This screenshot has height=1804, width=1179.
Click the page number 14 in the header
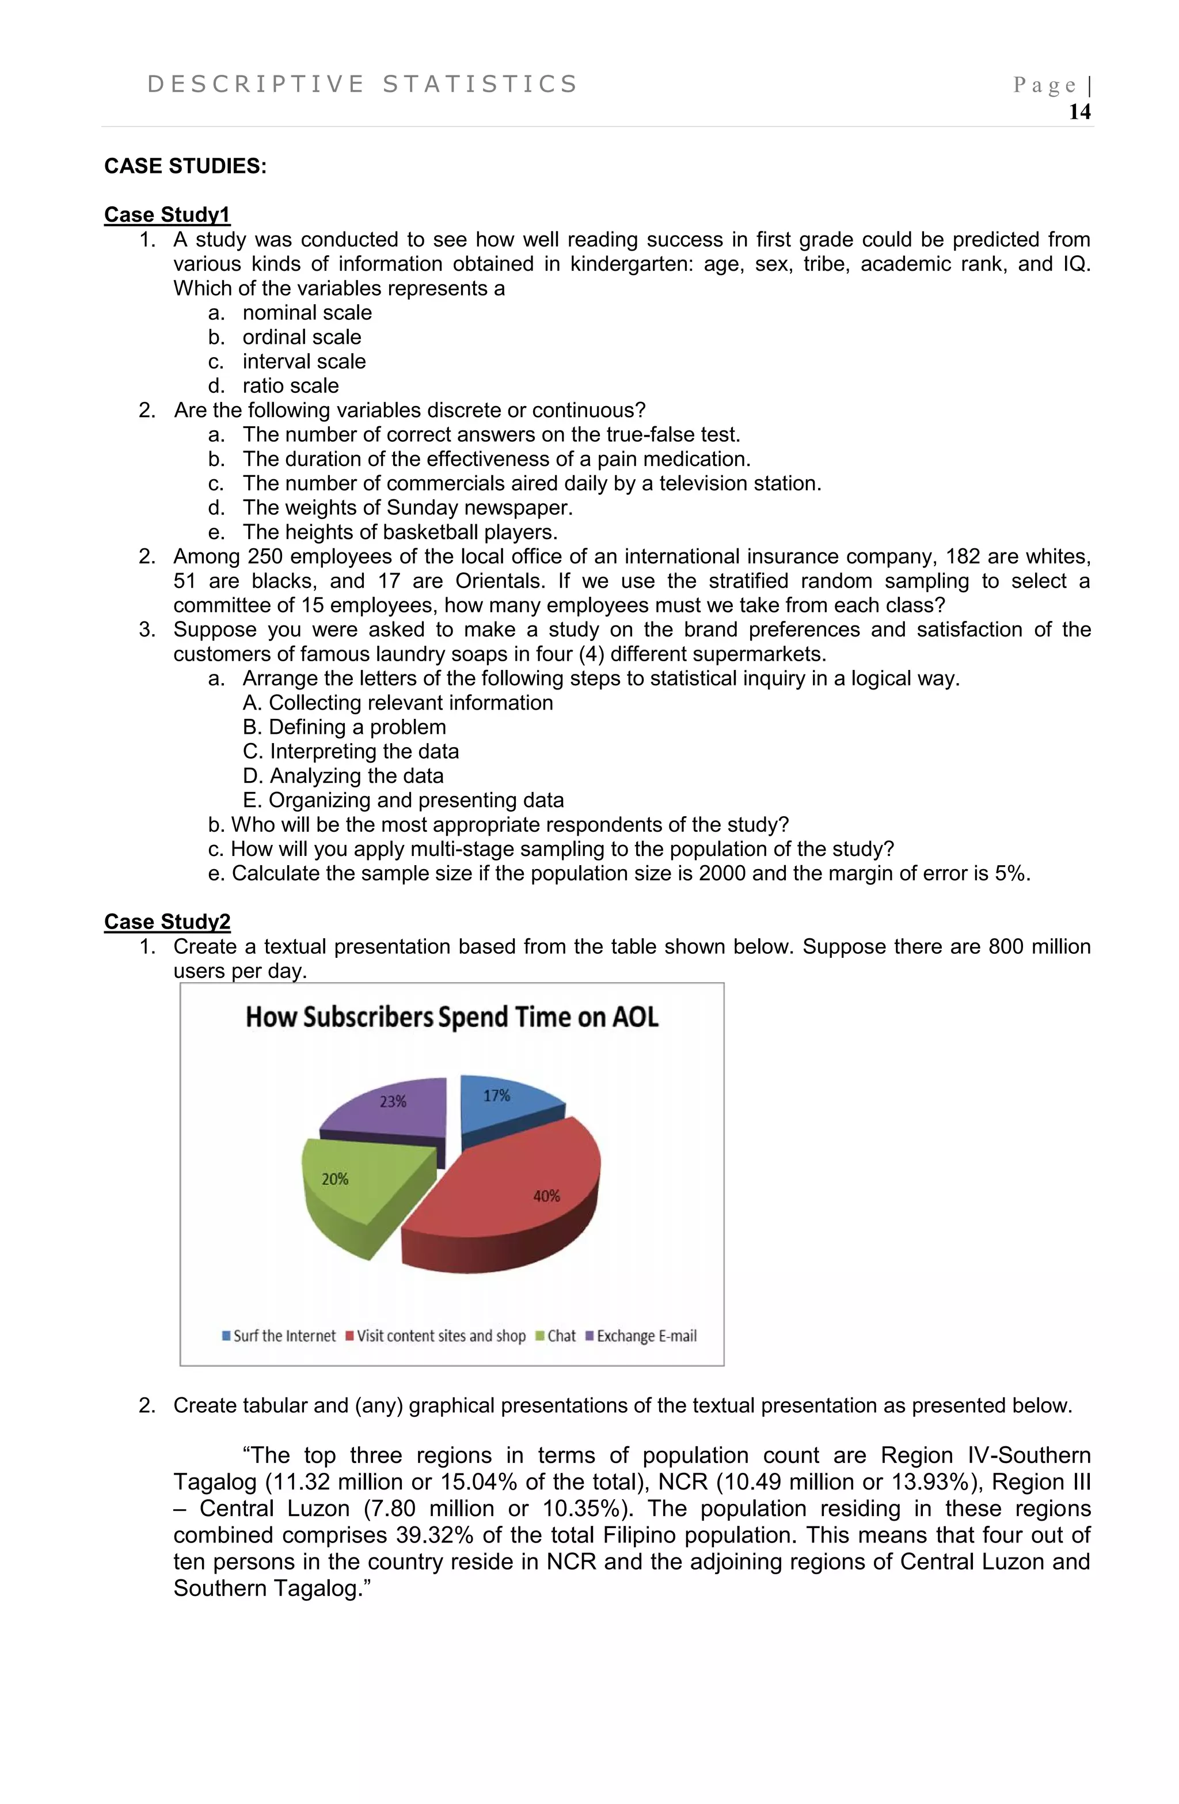pos(1078,112)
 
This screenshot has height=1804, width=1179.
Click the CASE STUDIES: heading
pos(185,166)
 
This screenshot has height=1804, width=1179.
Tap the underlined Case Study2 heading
pos(167,922)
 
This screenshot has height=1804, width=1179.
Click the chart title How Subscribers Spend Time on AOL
pos(451,1017)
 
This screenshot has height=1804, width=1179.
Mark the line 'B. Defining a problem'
pos(344,727)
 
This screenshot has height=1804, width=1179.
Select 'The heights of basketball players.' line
pos(400,532)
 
